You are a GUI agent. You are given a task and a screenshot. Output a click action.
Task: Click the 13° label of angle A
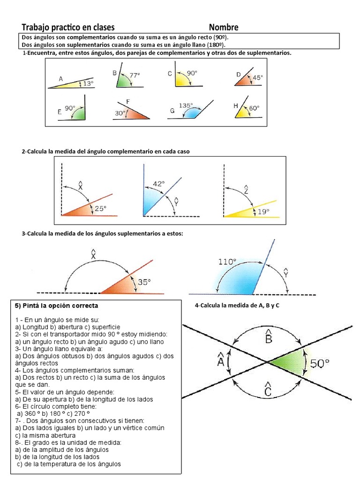click(88, 83)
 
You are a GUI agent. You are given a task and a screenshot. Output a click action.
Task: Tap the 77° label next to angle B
click(135, 75)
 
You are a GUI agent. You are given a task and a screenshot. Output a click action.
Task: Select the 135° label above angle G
click(186, 105)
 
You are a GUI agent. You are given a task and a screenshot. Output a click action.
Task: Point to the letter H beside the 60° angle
click(236, 106)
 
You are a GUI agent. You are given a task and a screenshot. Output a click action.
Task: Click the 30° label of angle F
click(120, 113)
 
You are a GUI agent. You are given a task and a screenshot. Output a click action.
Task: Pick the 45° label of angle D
click(258, 78)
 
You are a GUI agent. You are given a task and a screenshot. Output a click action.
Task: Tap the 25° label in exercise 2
click(101, 208)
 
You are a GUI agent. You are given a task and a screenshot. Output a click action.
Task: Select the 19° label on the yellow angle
click(263, 212)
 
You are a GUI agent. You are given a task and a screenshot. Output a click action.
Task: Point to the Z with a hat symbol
click(246, 190)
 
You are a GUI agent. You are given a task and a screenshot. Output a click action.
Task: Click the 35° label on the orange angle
click(144, 282)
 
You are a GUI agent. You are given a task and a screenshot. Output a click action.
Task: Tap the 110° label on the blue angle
click(227, 262)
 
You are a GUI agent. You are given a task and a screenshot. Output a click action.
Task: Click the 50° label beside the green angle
click(320, 362)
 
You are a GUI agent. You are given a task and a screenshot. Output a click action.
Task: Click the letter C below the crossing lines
click(268, 390)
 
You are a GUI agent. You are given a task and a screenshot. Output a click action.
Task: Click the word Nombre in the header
click(224, 27)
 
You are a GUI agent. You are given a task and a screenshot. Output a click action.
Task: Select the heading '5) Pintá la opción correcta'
click(57, 306)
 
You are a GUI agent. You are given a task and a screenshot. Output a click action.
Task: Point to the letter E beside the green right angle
click(60, 112)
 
